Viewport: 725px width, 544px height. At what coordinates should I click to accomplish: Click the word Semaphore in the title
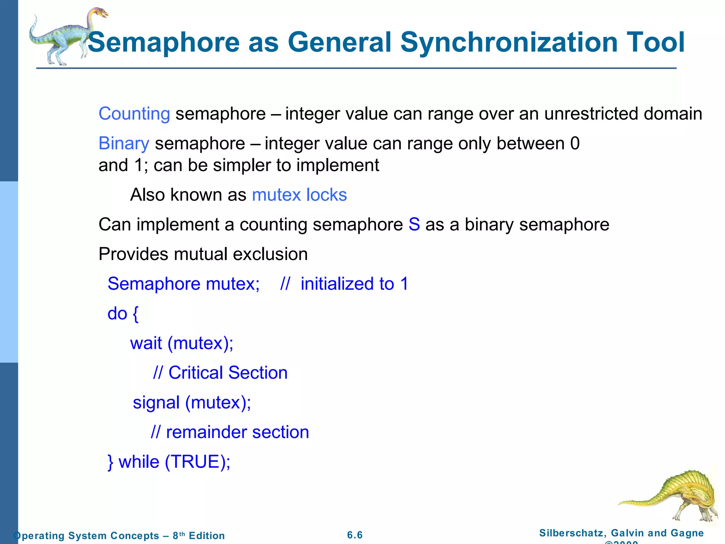coord(164,42)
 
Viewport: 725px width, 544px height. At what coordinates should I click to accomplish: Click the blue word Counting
coord(134,114)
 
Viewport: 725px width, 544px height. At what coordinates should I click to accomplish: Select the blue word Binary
coord(124,144)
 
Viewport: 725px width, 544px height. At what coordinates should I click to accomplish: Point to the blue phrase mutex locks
coord(299,195)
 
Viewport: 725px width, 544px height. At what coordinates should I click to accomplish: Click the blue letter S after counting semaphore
coord(414,225)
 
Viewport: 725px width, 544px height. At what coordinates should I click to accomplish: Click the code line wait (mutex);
coord(182,343)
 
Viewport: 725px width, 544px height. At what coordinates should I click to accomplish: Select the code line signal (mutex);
coord(192,403)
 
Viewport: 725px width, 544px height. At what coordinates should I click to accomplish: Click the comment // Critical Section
coord(220,373)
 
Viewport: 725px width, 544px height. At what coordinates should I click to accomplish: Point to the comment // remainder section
coord(230,432)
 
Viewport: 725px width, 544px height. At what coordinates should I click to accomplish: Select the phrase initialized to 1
coord(354,284)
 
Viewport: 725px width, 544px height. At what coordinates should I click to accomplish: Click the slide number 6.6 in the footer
coord(355,535)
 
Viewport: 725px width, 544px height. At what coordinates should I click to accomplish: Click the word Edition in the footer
coord(207,536)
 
